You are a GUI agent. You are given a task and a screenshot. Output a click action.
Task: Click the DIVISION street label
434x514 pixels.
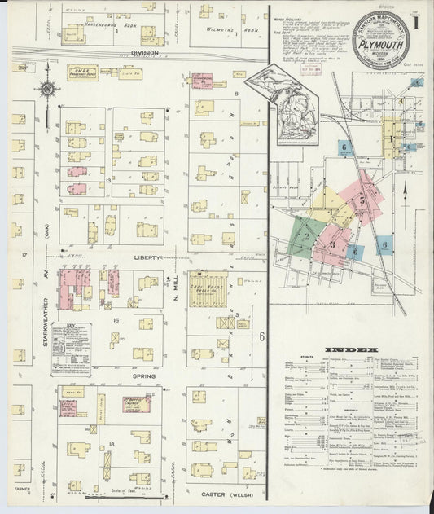[x=145, y=53]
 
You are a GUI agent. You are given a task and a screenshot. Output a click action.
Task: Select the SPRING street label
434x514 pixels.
[x=143, y=376]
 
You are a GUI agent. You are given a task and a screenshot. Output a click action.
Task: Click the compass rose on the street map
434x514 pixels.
[x=48, y=89]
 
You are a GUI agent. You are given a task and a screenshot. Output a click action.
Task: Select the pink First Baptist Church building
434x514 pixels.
[x=135, y=402]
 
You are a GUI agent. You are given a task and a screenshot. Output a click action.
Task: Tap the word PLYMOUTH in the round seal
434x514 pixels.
[x=381, y=46]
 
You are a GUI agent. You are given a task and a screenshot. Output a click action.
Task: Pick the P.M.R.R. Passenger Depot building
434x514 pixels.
[x=81, y=72]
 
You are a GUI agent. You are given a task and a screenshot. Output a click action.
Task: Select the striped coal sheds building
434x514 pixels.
[x=208, y=289]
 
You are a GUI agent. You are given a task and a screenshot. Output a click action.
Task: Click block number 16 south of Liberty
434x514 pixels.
[x=116, y=320]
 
